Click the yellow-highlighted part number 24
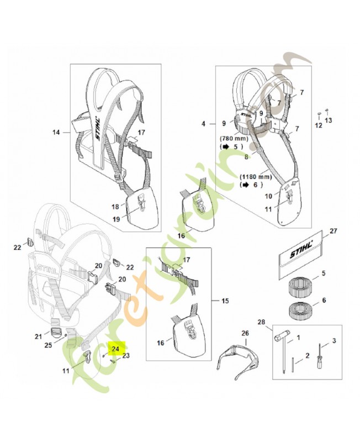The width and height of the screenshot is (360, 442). tap(115, 349)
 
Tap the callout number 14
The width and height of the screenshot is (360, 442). tap(56, 132)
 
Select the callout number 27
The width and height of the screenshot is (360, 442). tap(333, 231)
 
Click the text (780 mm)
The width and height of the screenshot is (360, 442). tap(234, 139)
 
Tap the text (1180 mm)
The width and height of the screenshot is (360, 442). tap(256, 177)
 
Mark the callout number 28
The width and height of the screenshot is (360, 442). tap(261, 322)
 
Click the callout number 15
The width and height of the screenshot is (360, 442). tap(225, 301)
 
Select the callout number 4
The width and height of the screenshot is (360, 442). tap(203, 124)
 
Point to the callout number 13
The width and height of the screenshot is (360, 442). tap(329, 120)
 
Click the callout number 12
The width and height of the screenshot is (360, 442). tap(318, 125)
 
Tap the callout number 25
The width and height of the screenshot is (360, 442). tap(49, 345)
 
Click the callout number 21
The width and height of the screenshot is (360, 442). tap(38, 336)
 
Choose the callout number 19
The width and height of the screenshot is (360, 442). tap(117, 219)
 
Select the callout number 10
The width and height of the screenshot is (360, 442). tap(268, 196)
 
